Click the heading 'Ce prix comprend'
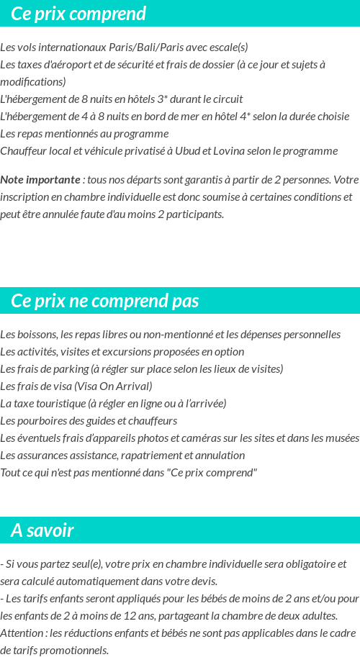click(x=78, y=14)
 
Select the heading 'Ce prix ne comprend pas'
click(x=105, y=301)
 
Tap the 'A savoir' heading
click(x=42, y=531)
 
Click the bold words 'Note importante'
click(x=40, y=179)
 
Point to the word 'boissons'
click(x=36, y=335)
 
